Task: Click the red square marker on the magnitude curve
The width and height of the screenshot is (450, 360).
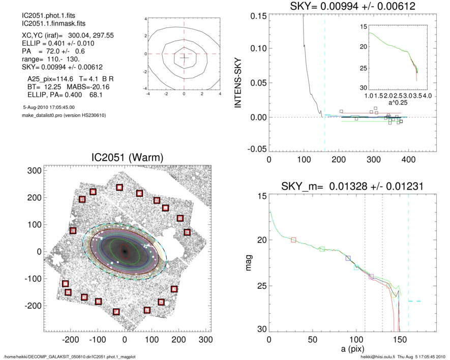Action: click(293, 239)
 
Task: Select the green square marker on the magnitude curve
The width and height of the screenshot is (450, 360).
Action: click(322, 249)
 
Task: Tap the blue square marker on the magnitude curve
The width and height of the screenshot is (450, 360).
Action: click(348, 258)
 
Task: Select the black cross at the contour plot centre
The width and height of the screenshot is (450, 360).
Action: click(184, 57)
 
